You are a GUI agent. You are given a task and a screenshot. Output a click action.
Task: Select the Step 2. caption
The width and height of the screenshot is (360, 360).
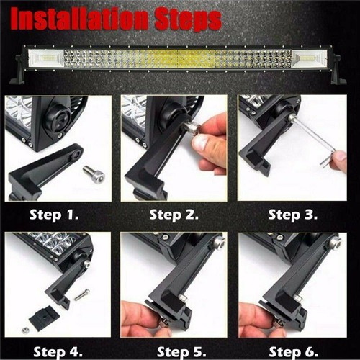click(175, 214)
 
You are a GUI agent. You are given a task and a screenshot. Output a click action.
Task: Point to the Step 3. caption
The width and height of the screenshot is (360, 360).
click(294, 214)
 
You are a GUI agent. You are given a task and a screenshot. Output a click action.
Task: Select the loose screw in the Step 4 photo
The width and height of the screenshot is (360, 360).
click(81, 294)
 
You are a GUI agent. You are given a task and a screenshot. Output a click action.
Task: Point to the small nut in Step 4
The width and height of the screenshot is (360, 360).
click(26, 330)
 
